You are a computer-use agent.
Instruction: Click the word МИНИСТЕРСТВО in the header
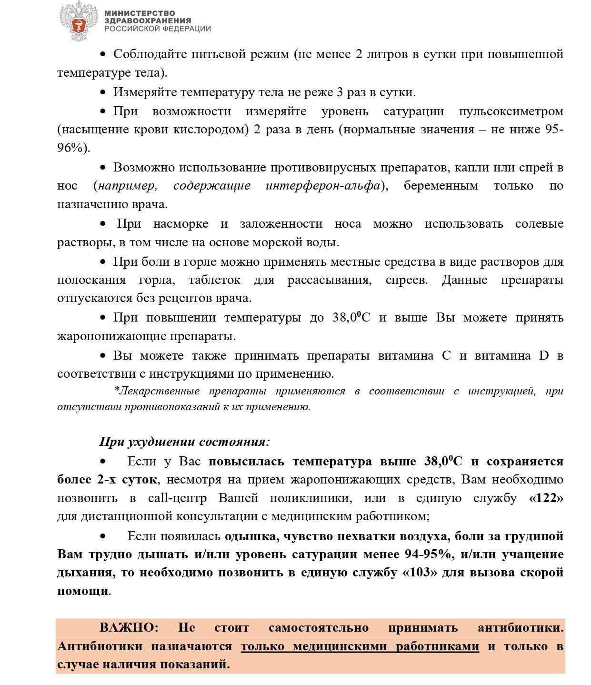click(x=140, y=13)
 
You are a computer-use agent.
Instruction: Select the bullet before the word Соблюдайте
click(x=103, y=55)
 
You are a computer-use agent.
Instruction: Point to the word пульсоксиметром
click(x=511, y=111)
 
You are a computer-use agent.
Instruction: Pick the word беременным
click(x=441, y=186)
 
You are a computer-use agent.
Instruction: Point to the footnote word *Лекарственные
click(x=157, y=391)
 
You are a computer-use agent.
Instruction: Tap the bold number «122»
click(x=546, y=498)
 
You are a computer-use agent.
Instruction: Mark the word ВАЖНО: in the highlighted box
click(x=129, y=627)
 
